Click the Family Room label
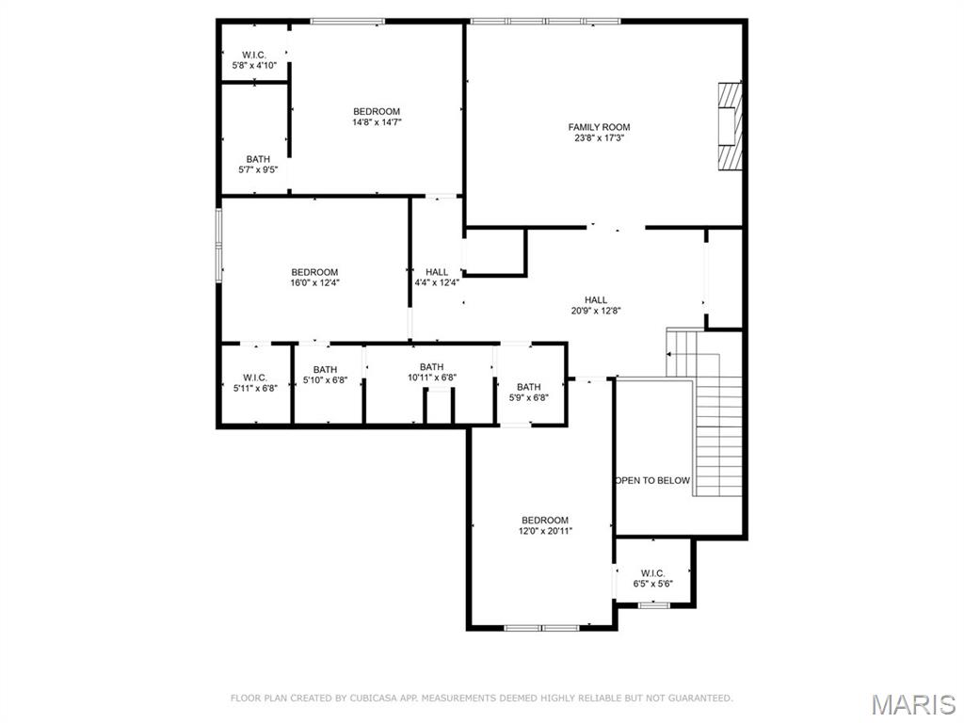click(x=599, y=127)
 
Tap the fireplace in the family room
click(x=731, y=126)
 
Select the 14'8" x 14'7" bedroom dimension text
click(x=377, y=122)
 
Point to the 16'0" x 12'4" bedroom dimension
click(x=314, y=282)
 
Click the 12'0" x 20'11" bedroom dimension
click(x=545, y=531)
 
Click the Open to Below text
click(x=653, y=480)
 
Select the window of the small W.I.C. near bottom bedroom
click(x=653, y=605)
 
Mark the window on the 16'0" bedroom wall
click(x=218, y=246)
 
